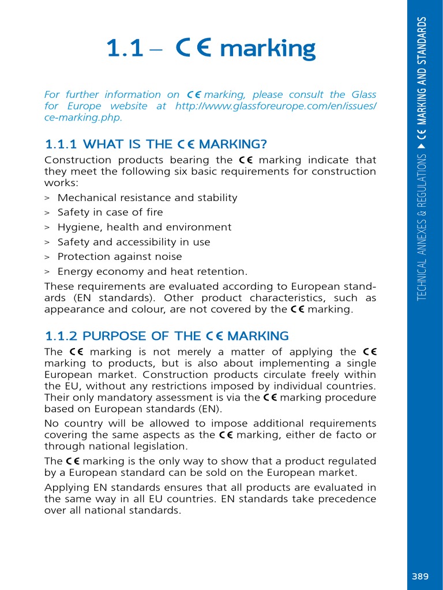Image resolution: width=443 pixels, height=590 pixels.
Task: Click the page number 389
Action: [420, 576]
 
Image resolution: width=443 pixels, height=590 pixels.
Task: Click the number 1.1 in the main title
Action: [124, 49]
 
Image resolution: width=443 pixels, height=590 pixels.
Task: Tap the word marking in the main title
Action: [268, 49]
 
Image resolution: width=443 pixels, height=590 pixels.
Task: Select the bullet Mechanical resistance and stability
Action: [147, 198]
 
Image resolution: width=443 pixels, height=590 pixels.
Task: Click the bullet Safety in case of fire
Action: [110, 213]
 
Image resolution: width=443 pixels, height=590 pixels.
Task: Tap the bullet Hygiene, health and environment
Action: [144, 228]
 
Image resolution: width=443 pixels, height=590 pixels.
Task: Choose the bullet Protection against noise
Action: [119, 257]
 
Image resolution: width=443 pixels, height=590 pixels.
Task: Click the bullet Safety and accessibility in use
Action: [134, 243]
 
